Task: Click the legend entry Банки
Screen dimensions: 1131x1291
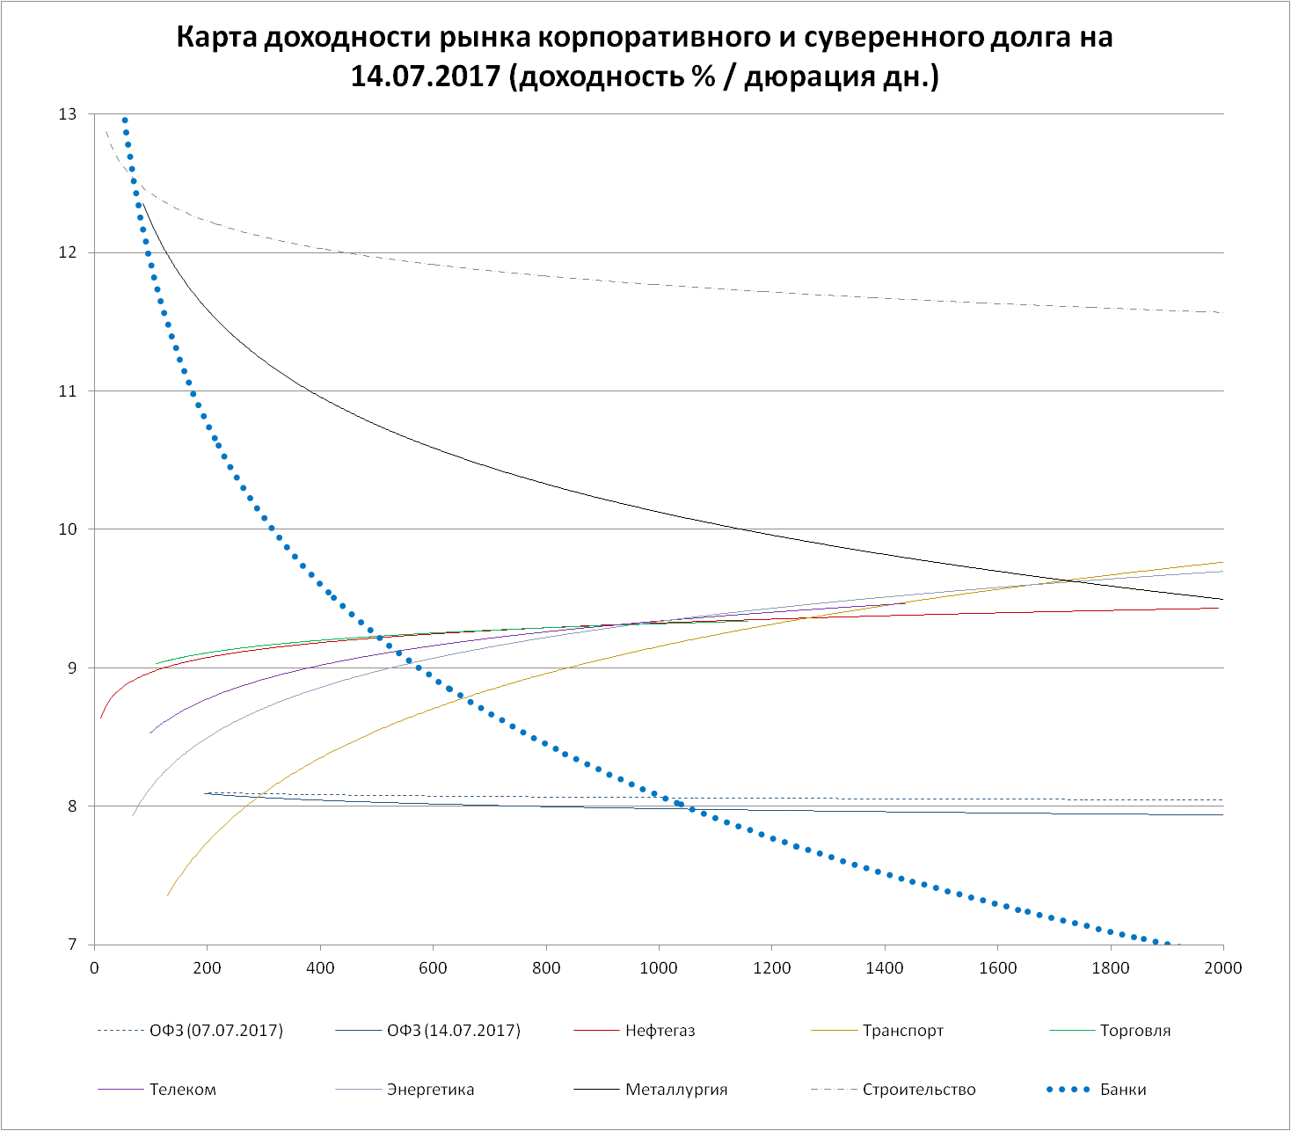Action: (x=1122, y=1090)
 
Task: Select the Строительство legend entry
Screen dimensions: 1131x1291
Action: (x=919, y=1090)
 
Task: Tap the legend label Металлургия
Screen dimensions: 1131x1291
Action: (x=676, y=1090)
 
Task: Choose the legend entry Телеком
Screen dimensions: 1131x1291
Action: (x=183, y=1090)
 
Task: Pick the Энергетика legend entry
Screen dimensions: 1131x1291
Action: (x=430, y=1090)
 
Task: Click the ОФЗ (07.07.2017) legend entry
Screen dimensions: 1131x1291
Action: (x=216, y=1030)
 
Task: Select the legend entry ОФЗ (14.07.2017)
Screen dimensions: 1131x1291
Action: (x=454, y=1030)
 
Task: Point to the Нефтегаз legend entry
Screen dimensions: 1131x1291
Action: (x=660, y=1030)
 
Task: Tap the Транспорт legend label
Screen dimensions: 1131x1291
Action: (x=903, y=1030)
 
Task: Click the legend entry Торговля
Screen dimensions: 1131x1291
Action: (x=1135, y=1030)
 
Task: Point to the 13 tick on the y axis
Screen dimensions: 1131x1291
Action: (x=68, y=114)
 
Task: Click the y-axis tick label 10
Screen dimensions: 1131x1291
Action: (x=68, y=529)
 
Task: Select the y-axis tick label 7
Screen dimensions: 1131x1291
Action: (x=72, y=945)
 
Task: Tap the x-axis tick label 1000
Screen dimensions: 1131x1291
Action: (x=659, y=968)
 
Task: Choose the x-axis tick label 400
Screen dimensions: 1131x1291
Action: (x=320, y=968)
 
